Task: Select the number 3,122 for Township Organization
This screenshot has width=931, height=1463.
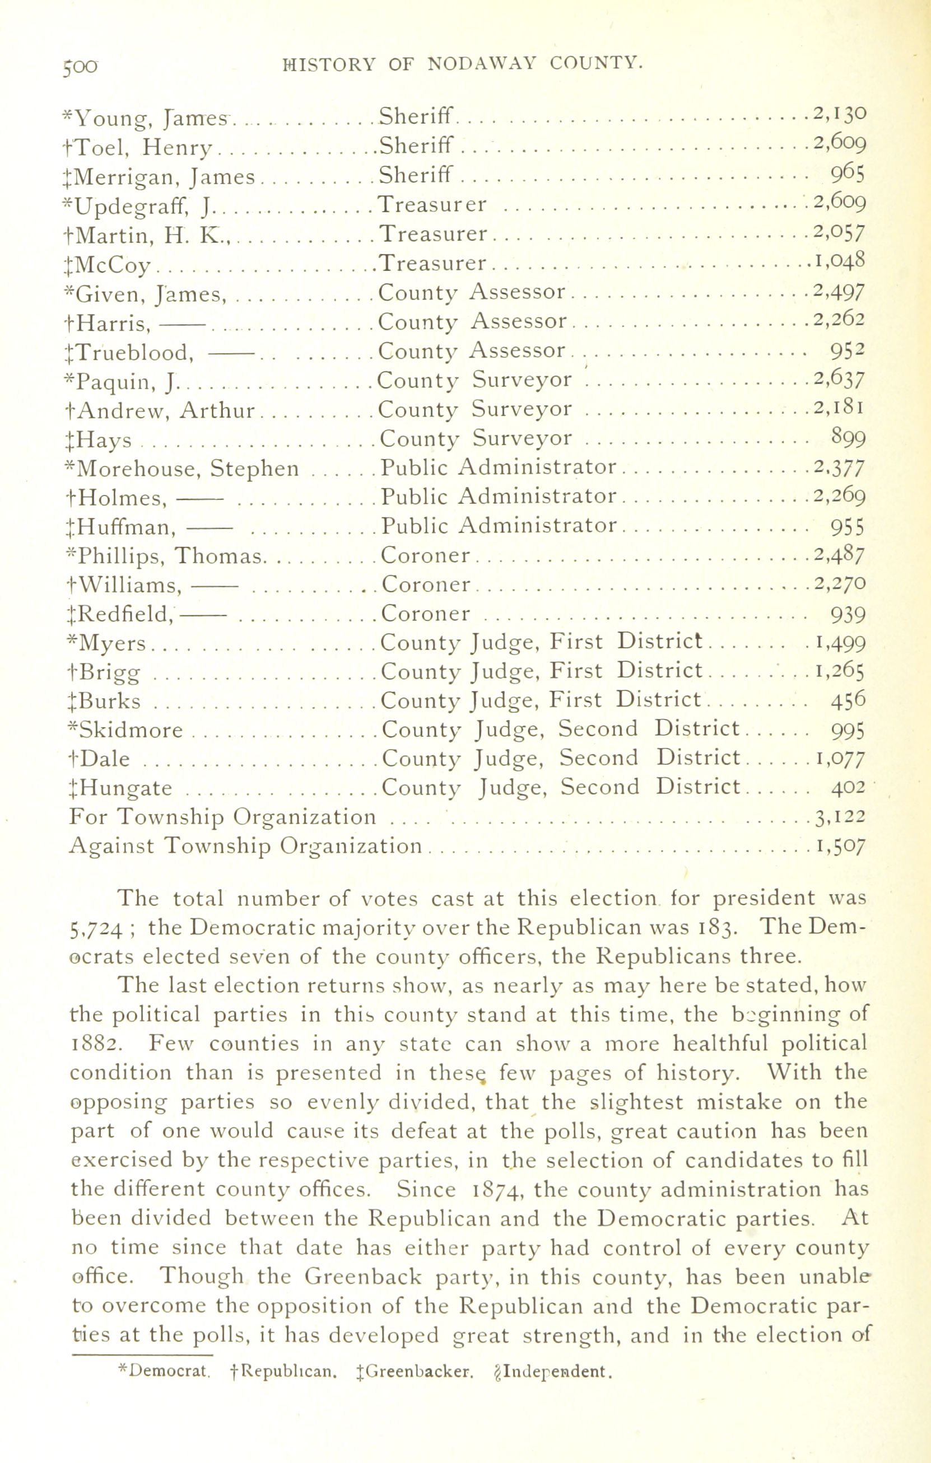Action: pyautogui.click(x=840, y=817)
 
